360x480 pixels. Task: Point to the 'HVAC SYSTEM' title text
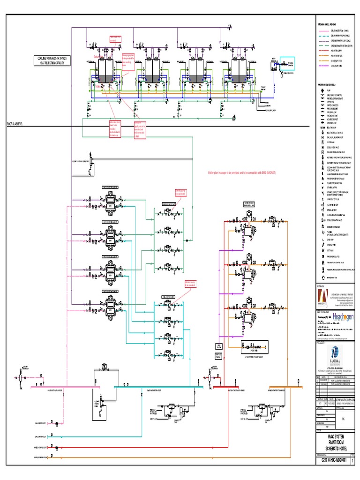[337, 436]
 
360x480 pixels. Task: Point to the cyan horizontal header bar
[155, 387]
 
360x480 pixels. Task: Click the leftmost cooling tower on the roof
[105, 73]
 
